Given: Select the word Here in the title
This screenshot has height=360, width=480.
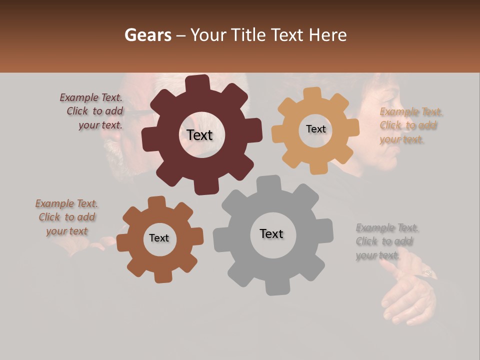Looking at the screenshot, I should coord(328,35).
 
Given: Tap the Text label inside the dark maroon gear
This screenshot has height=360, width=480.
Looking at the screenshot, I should coord(199,135).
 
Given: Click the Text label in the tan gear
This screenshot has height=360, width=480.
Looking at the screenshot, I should coord(315,129).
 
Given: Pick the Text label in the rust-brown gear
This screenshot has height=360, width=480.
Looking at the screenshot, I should coord(159,238).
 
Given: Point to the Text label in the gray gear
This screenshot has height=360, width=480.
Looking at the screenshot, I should coord(271,233).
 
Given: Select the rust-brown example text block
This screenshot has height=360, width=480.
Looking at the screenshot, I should coord(67,217).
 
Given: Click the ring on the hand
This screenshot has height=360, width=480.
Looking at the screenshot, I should coord(428,272).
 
